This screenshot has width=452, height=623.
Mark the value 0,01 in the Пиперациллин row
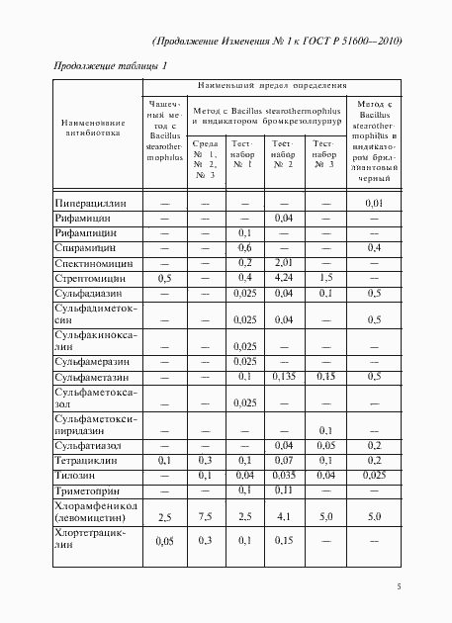[x=374, y=203]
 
